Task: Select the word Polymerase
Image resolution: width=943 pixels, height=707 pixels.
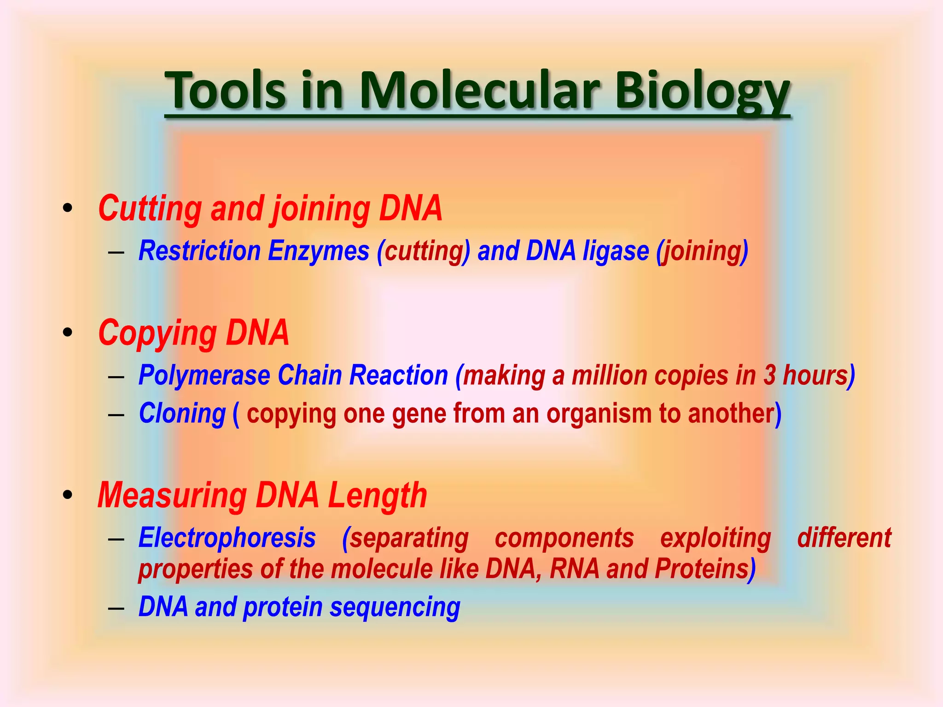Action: pyautogui.click(x=204, y=376)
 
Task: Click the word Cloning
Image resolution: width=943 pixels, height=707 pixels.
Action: pyautogui.click(x=182, y=414)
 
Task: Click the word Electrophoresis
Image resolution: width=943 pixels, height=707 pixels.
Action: pyautogui.click(x=227, y=538)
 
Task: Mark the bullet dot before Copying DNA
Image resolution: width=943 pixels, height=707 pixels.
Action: pyautogui.click(x=68, y=332)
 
